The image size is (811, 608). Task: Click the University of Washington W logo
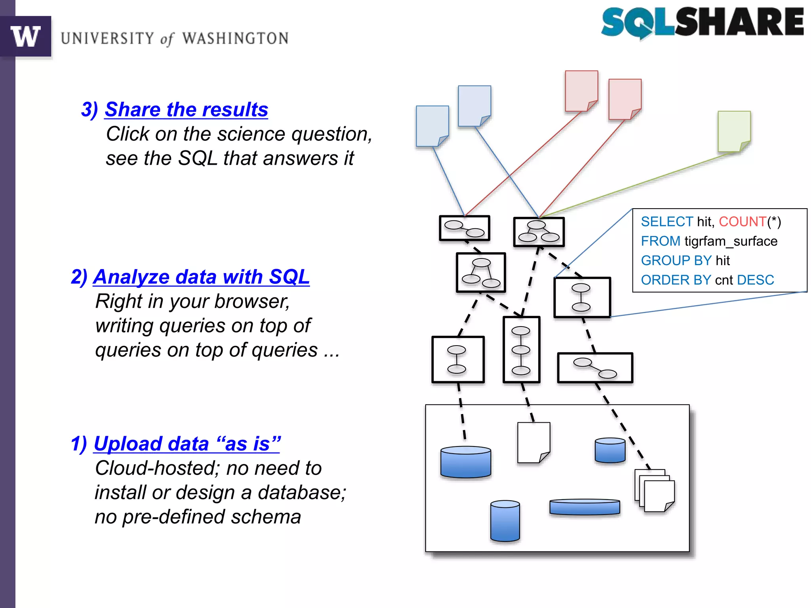pyautogui.click(x=25, y=36)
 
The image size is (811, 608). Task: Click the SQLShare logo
pyautogui.click(x=702, y=23)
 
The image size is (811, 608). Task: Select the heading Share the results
pyautogui.click(x=186, y=110)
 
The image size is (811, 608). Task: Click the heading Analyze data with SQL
pyautogui.click(x=201, y=277)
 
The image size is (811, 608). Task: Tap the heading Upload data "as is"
pyautogui.click(x=187, y=444)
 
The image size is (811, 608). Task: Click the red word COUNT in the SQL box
pyautogui.click(x=742, y=222)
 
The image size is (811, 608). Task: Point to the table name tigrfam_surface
pyautogui.click(x=731, y=241)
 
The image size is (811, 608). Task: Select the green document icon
pyautogui.click(x=734, y=131)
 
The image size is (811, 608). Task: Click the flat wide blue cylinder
pyautogui.click(x=584, y=507)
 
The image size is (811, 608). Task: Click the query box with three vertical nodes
pyautogui.click(x=521, y=350)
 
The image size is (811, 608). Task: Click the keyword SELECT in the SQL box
pyautogui.click(x=667, y=222)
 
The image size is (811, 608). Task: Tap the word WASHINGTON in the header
pyautogui.click(x=235, y=38)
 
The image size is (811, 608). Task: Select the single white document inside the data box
pyautogui.click(x=533, y=442)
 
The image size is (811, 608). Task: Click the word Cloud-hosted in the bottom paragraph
pyautogui.click(x=157, y=468)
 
